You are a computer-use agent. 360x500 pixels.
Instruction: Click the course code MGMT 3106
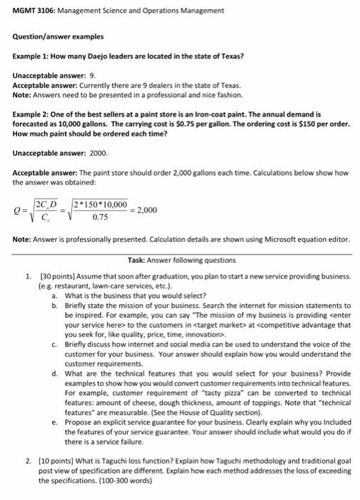(34, 11)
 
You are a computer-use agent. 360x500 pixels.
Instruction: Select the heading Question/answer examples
(58, 36)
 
